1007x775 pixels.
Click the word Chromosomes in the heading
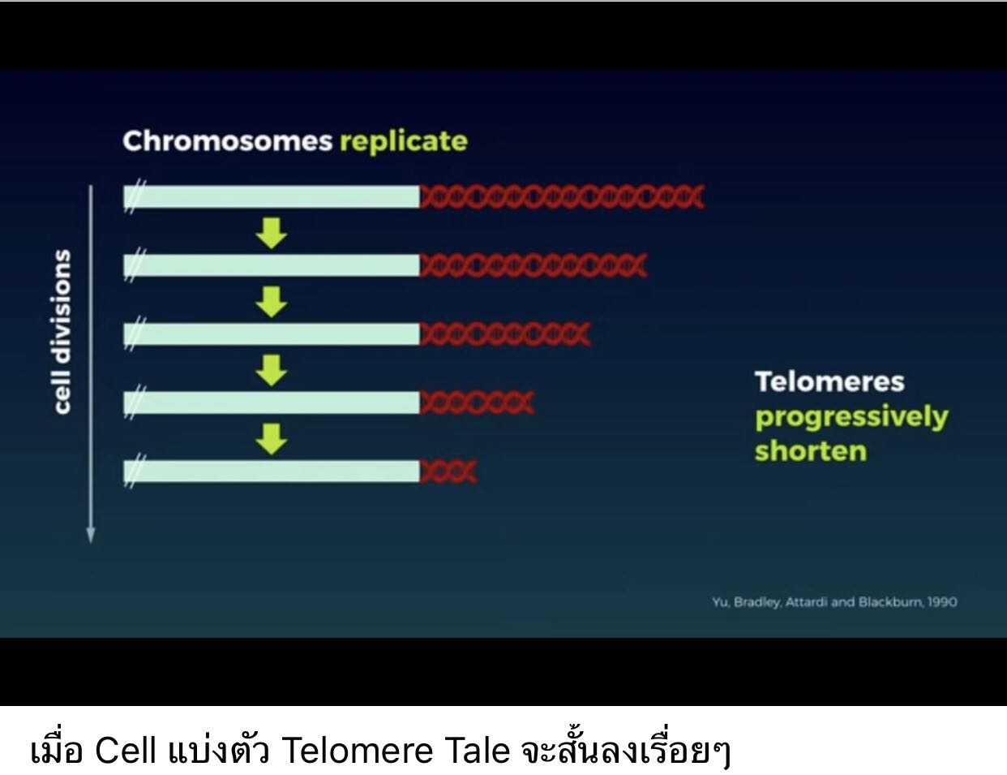tap(228, 141)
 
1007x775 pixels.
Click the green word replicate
tap(404, 142)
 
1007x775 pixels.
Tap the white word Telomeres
tap(829, 381)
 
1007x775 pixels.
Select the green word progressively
tap(852, 417)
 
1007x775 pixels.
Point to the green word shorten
tap(811, 451)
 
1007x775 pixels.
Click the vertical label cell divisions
tap(62, 332)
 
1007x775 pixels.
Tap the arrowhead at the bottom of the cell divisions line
tap(91, 535)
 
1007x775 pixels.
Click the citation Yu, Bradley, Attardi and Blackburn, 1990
tap(834, 602)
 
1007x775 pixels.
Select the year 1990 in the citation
tap(942, 602)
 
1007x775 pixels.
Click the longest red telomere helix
tap(562, 196)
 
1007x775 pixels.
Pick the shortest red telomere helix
tap(448, 471)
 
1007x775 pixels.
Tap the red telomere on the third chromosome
tap(505, 334)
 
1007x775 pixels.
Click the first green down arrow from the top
tap(271, 233)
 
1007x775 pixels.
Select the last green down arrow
tap(271, 439)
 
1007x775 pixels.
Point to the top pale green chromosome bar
tap(272, 196)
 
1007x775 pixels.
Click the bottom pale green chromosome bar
tap(272, 471)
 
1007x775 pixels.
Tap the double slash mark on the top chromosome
tap(135, 196)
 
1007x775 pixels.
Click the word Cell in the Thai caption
tap(125, 750)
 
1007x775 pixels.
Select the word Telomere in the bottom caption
tap(358, 750)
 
